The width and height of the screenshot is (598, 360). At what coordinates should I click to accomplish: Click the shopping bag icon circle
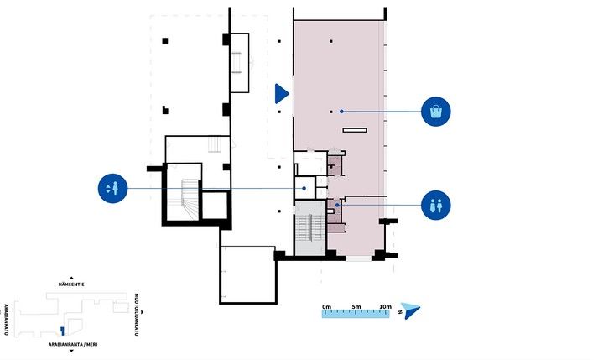(436, 112)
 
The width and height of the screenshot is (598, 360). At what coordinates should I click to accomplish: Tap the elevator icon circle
(112, 188)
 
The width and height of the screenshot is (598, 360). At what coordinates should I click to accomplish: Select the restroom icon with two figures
(436, 206)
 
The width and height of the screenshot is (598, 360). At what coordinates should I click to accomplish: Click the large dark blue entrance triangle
(282, 93)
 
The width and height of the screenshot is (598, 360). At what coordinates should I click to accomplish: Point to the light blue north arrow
(411, 310)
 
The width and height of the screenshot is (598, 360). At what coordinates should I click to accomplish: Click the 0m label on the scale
(326, 306)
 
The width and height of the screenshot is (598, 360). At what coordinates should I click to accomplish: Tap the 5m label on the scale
(356, 306)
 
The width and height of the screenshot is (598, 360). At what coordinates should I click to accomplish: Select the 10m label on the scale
(385, 306)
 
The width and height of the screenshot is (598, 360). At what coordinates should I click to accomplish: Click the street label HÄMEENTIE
(71, 284)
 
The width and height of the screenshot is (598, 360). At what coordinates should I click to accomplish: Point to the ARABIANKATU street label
(6, 320)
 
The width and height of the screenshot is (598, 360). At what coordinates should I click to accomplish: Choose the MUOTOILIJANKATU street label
(136, 315)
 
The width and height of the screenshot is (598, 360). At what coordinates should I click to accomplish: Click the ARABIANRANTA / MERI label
(72, 344)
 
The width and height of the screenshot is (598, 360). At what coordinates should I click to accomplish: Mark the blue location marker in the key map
(62, 331)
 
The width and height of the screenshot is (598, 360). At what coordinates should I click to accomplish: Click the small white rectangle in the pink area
(355, 130)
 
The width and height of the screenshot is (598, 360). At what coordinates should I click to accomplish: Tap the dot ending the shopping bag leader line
(341, 112)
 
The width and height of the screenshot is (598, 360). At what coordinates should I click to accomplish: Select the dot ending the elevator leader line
(304, 188)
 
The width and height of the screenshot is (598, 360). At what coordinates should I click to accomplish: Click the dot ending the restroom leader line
(337, 205)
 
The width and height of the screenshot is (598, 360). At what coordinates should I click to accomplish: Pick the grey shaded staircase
(310, 228)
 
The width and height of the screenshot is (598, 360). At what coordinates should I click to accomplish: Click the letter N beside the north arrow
(400, 312)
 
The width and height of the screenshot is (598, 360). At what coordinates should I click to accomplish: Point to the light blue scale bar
(356, 314)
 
